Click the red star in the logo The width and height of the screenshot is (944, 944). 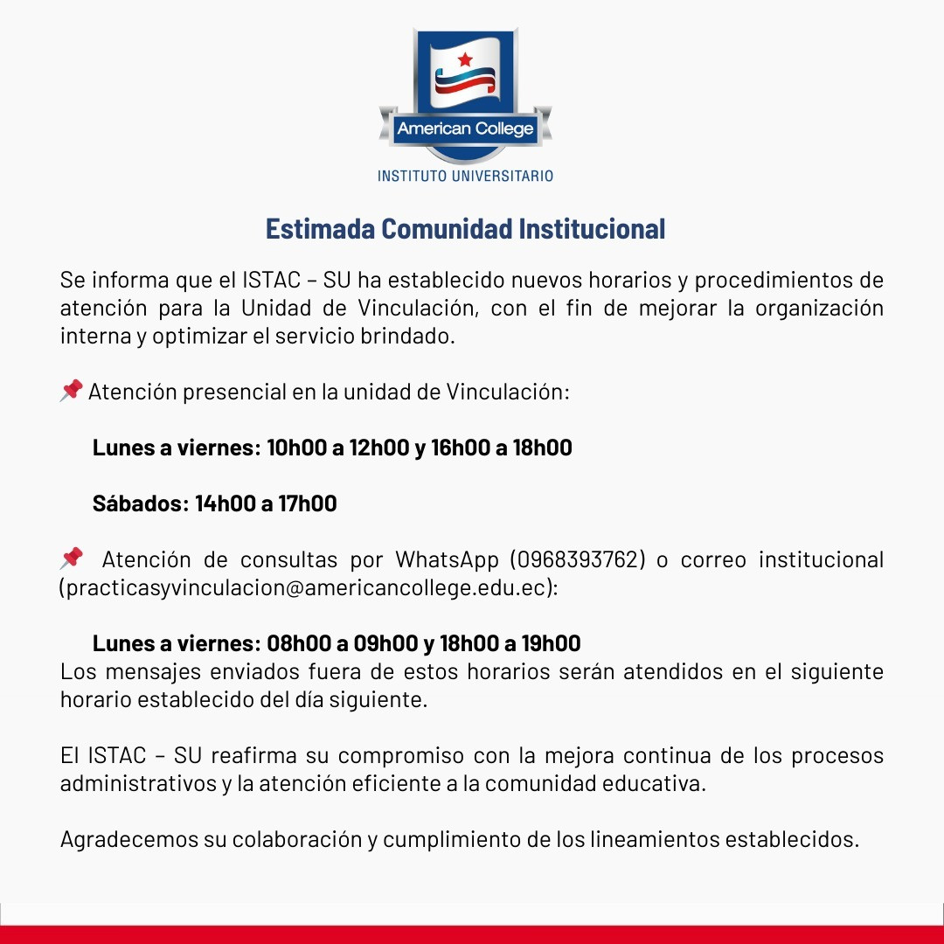coord(464,59)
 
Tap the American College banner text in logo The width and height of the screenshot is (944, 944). coord(465,129)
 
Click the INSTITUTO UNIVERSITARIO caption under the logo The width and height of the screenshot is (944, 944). coord(465,176)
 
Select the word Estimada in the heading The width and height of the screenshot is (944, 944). coord(321,229)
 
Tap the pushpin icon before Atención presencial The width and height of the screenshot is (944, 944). coord(72,390)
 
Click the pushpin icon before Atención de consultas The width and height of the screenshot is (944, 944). coord(72,558)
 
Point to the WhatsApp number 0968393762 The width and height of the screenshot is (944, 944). coord(578,559)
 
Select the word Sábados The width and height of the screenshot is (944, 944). coord(138,503)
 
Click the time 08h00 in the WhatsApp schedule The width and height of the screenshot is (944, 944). coord(298,643)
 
